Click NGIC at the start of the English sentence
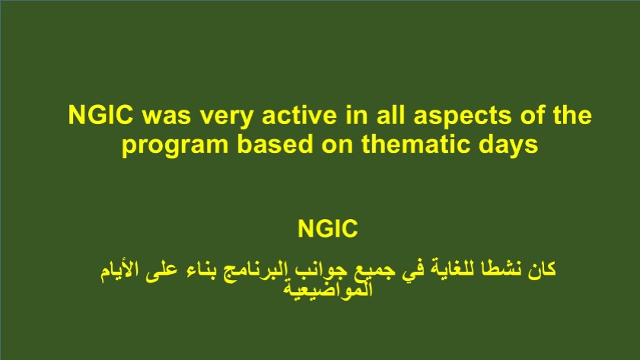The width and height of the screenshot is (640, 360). coord(100,115)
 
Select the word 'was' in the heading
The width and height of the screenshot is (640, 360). coord(167,116)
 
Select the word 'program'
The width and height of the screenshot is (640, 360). coord(175,146)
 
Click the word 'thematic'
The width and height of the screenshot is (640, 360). coord(410,144)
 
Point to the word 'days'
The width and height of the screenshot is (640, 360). coord(503,146)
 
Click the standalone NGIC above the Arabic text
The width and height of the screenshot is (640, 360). coord(328,228)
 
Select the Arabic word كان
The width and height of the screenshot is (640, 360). coord(542,269)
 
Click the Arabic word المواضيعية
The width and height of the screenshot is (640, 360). coord(328,290)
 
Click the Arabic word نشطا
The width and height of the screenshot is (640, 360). coord(500,269)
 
